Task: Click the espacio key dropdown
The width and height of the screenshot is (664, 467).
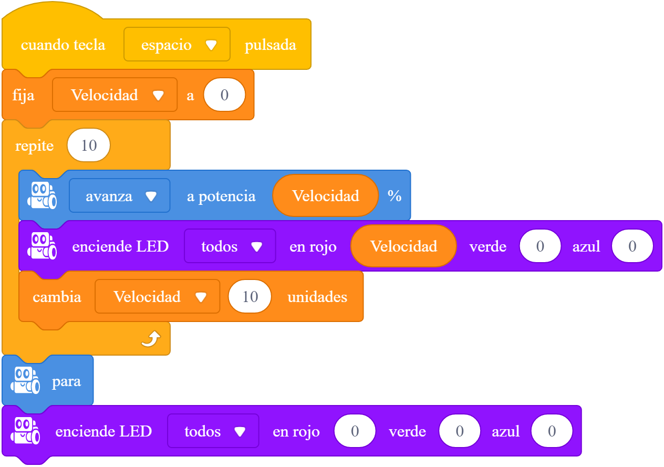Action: [177, 44]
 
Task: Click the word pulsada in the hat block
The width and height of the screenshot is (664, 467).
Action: [271, 45]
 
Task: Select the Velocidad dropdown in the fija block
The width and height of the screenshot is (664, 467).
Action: [115, 95]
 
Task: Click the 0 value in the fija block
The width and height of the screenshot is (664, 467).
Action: [224, 95]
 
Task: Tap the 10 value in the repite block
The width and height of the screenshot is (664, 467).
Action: [89, 146]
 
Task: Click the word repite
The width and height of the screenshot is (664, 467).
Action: [34, 146]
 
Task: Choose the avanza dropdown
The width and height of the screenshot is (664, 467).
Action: [120, 196]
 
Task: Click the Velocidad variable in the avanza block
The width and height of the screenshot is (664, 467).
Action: [326, 196]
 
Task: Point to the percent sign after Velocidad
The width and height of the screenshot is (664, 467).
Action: [395, 196]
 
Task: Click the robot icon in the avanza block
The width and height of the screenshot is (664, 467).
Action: [42, 195]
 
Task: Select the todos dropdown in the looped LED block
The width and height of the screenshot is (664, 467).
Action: [230, 246]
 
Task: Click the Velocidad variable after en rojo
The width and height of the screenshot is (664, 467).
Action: [403, 246]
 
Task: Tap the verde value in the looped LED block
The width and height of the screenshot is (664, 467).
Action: [540, 246]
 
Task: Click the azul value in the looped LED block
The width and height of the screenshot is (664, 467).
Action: [632, 246]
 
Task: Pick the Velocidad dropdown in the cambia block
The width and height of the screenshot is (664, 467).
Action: [158, 296]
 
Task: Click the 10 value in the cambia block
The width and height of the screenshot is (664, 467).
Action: [250, 296]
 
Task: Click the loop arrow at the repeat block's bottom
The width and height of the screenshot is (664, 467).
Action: [151, 339]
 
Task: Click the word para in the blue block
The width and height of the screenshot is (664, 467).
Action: [66, 381]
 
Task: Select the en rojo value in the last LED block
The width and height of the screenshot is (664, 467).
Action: [355, 431]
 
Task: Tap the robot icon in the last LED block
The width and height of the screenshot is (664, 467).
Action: [25, 431]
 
